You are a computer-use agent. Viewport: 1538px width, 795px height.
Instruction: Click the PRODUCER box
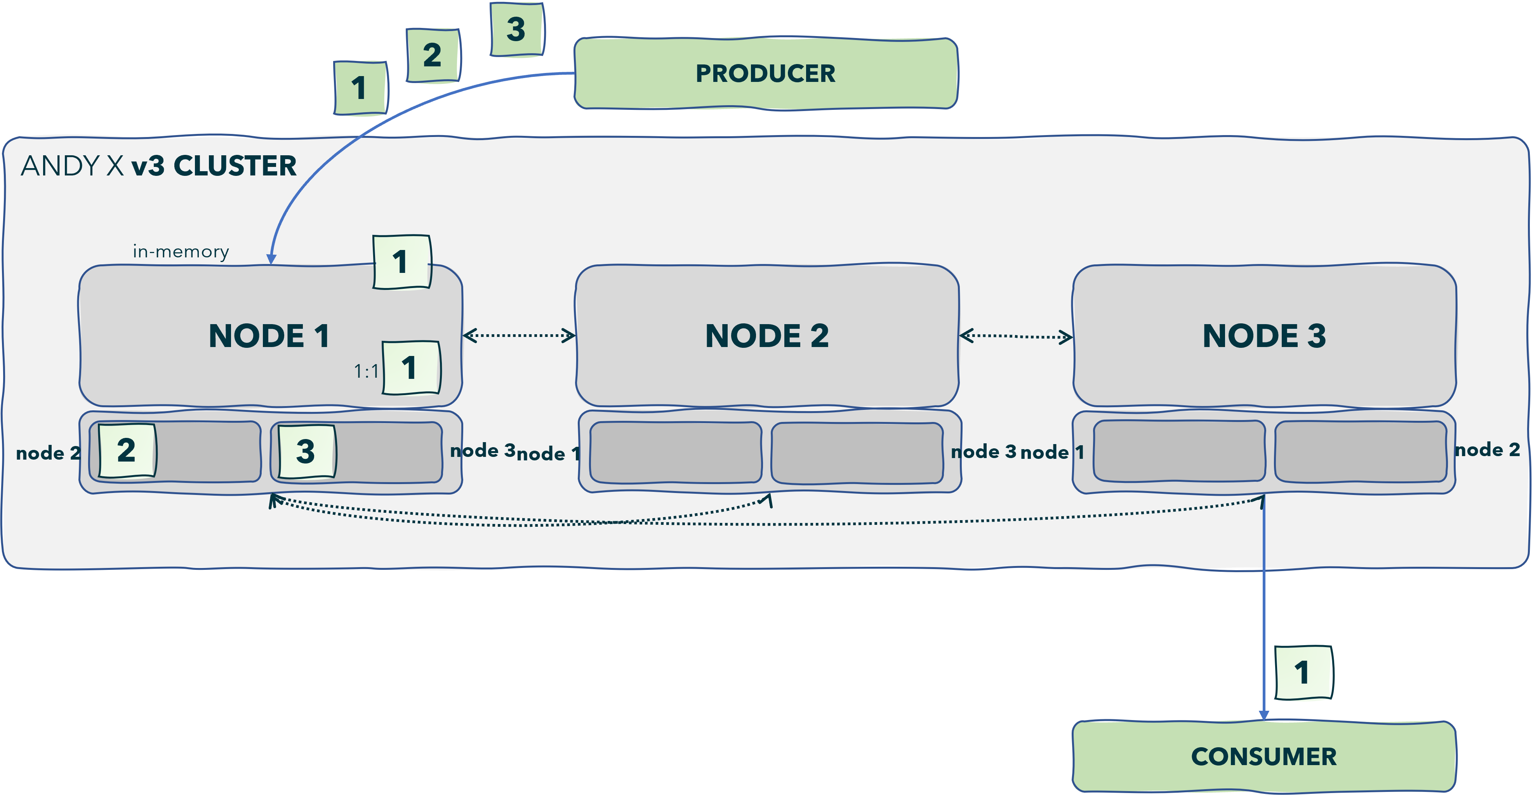[765, 73]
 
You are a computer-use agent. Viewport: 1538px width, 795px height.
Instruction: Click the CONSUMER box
[1263, 756]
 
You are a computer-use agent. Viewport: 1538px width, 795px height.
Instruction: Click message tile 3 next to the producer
[516, 29]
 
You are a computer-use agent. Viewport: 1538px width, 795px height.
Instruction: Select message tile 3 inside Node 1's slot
[306, 451]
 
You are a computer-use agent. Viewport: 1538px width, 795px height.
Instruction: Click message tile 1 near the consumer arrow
[1303, 673]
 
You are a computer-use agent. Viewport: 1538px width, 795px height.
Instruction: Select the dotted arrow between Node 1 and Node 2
[519, 335]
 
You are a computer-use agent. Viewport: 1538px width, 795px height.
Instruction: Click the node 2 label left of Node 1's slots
[48, 453]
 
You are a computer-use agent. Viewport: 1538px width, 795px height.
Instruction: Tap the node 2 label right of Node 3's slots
[1487, 450]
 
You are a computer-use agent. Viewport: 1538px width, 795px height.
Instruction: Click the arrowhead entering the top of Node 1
[271, 259]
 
